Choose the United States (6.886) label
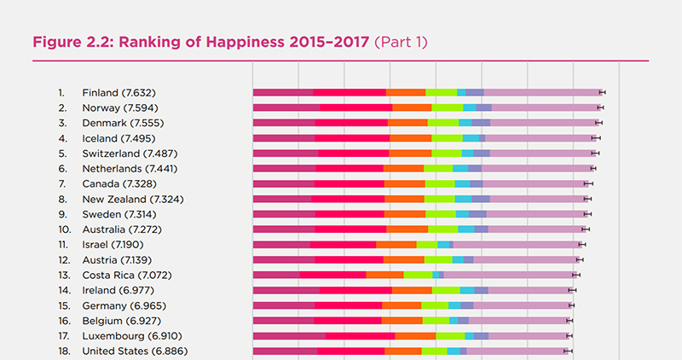(135, 351)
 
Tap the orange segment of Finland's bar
(406, 92)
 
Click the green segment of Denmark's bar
(443, 123)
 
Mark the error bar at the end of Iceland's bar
(596, 137)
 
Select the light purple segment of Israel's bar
(516, 245)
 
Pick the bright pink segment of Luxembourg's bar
(360, 336)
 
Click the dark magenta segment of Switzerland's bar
(286, 153)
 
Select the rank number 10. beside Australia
(64, 229)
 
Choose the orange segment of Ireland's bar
(412, 290)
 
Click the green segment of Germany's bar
(435, 305)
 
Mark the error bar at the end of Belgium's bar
(569, 321)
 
